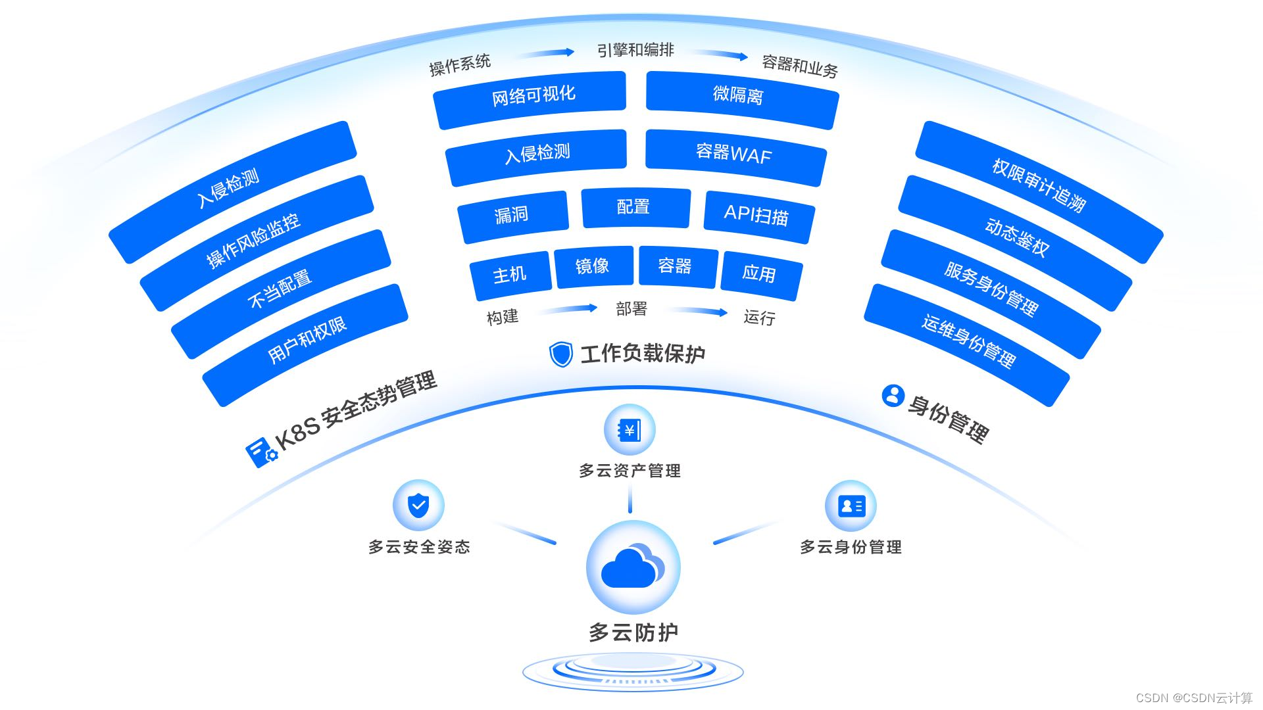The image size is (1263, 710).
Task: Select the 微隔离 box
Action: (x=741, y=99)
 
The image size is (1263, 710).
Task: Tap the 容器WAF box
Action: (x=735, y=156)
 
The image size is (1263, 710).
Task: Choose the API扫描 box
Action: (x=758, y=216)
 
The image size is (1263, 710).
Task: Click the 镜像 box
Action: (x=593, y=266)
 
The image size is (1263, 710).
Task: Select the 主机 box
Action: (x=511, y=273)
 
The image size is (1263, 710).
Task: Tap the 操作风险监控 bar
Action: (x=257, y=243)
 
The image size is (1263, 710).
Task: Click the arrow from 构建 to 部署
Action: (x=567, y=309)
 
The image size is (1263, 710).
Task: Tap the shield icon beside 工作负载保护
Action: (x=560, y=354)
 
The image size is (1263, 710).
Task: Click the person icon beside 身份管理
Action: (x=893, y=396)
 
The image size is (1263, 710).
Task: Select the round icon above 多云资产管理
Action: (x=630, y=430)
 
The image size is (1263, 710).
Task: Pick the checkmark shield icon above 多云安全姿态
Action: (x=418, y=506)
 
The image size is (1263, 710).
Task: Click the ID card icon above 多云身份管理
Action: (x=851, y=506)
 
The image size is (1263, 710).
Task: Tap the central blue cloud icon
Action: (x=632, y=567)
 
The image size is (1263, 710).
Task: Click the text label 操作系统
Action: (x=460, y=64)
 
